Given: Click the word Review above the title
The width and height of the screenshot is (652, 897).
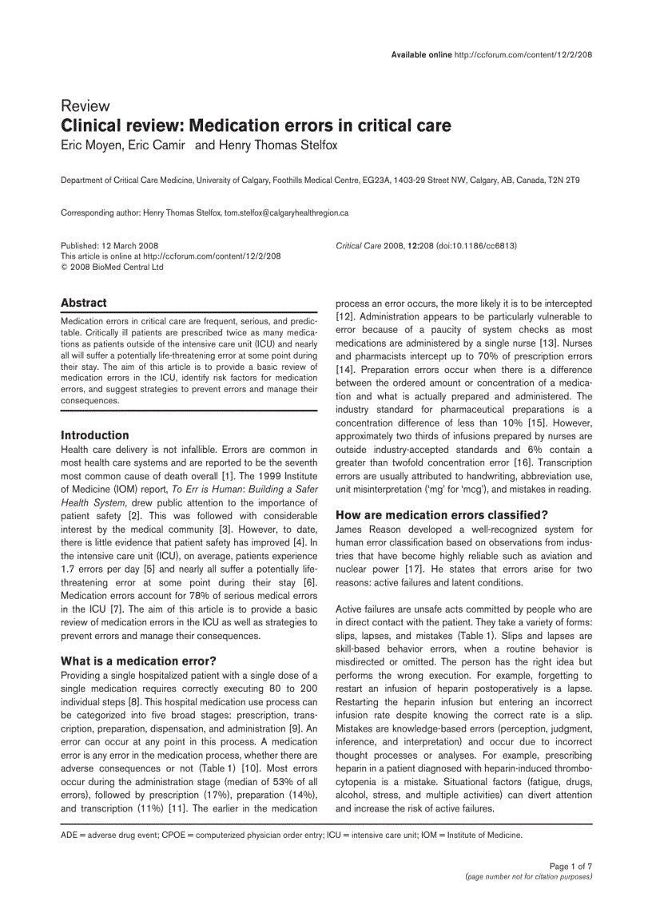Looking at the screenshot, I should coord(85,106).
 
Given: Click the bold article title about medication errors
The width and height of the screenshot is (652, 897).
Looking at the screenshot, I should coord(256,126).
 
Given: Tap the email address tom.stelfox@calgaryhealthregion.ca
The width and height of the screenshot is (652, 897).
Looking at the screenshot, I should coord(286,213).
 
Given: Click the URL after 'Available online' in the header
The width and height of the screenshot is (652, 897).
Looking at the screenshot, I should coord(523,54).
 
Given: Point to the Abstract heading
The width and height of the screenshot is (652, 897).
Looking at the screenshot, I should coord(84,303).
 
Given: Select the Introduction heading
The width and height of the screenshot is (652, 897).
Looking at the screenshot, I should coord(94,435).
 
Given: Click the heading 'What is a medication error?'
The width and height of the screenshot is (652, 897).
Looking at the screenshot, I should coord(138,661).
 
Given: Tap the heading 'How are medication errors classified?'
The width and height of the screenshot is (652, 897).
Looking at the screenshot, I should coord(441,514).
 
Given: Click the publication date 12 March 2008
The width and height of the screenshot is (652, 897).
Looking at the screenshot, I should coord(128,246).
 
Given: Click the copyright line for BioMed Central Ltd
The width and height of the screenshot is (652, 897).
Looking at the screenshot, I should coord(112,267).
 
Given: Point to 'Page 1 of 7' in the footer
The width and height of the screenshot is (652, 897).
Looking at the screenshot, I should coord(570,866).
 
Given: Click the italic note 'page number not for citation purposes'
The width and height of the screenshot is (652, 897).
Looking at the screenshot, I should coord(528,876).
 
